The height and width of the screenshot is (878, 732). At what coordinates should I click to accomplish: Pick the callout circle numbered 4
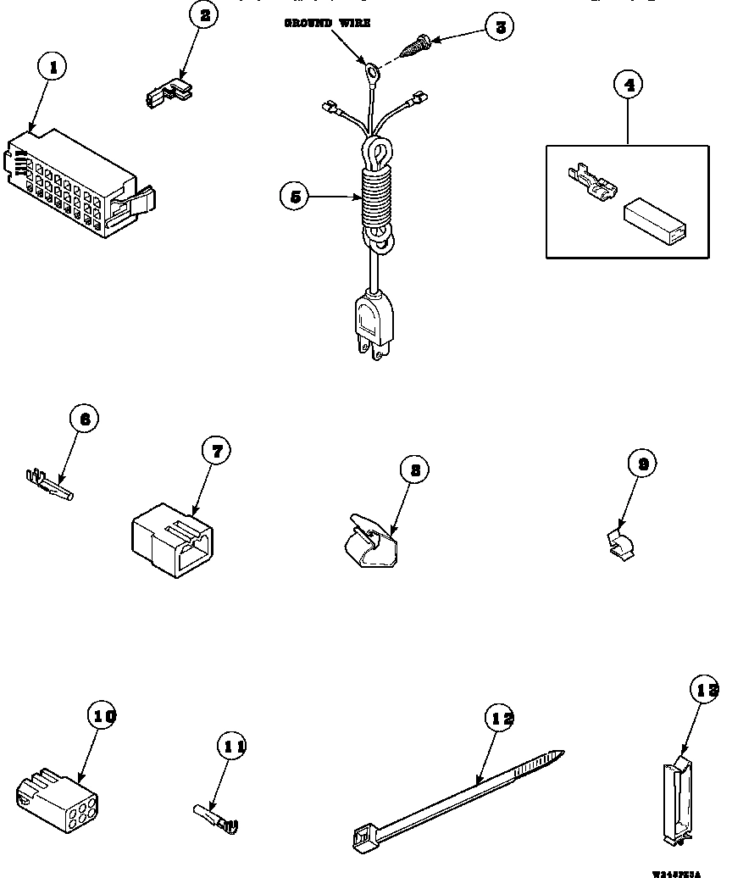pos(628,85)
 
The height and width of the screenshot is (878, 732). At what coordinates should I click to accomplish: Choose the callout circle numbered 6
pos(85,419)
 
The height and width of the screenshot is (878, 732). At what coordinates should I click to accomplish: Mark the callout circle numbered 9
pos(643,464)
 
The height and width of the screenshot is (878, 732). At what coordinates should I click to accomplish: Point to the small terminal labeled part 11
pos(216,816)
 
